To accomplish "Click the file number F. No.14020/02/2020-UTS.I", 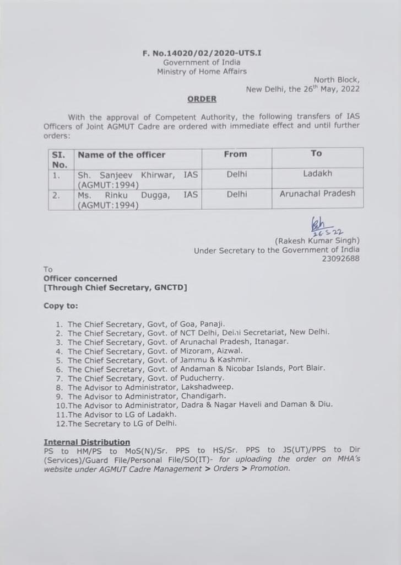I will pyautogui.click(x=202, y=54).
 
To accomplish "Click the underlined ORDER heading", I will pyautogui.click(x=202, y=99).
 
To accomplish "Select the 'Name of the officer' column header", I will pyautogui.click(x=122, y=155).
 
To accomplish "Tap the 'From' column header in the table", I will pyautogui.click(x=236, y=154).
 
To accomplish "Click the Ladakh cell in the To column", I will pyautogui.click(x=317, y=174).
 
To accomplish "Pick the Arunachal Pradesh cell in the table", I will pyautogui.click(x=317, y=194).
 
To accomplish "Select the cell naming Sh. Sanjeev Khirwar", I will pyautogui.click(x=138, y=179).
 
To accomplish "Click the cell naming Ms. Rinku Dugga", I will pyautogui.click(x=138, y=199).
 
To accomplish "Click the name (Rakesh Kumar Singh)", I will pyautogui.click(x=317, y=241).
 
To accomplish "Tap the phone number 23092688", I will pyautogui.click(x=341, y=258).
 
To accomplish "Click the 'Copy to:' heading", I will pyautogui.click(x=61, y=305).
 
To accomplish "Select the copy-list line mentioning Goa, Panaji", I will pyautogui.click(x=146, y=324).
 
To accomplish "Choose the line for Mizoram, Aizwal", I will pyautogui.click(x=155, y=351).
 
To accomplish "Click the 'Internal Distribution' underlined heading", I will pyautogui.click(x=87, y=442).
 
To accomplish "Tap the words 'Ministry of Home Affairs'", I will pyautogui.click(x=202, y=71).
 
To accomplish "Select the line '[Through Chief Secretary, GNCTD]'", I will pyautogui.click(x=115, y=287).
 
